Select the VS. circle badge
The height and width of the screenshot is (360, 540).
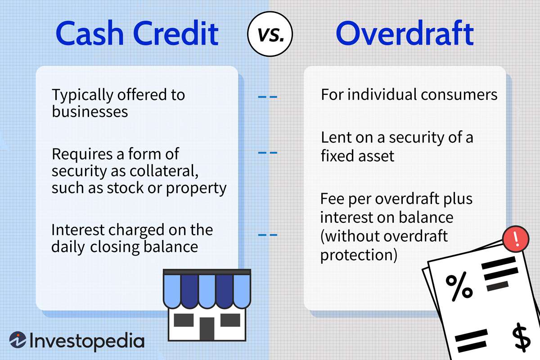click(x=270, y=34)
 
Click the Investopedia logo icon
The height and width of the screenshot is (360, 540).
click(x=18, y=340)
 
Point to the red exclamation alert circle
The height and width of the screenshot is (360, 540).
click(x=516, y=239)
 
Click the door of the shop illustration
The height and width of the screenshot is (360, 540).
click(x=207, y=328)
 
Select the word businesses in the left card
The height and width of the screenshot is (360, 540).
click(x=90, y=112)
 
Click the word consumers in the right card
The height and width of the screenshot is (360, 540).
click(x=459, y=95)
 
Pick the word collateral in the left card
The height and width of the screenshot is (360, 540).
click(x=164, y=171)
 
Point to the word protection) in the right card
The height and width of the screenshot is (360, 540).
click(x=359, y=255)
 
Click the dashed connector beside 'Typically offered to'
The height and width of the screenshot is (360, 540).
click(x=268, y=97)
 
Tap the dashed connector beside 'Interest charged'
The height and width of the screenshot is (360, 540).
click(x=268, y=234)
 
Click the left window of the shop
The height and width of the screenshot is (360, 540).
click(x=184, y=320)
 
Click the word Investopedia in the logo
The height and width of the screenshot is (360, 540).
click(x=87, y=341)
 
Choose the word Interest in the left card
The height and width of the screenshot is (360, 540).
click(x=78, y=230)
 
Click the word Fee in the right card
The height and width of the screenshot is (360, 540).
click(x=332, y=199)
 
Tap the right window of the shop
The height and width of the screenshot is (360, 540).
click(x=230, y=320)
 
